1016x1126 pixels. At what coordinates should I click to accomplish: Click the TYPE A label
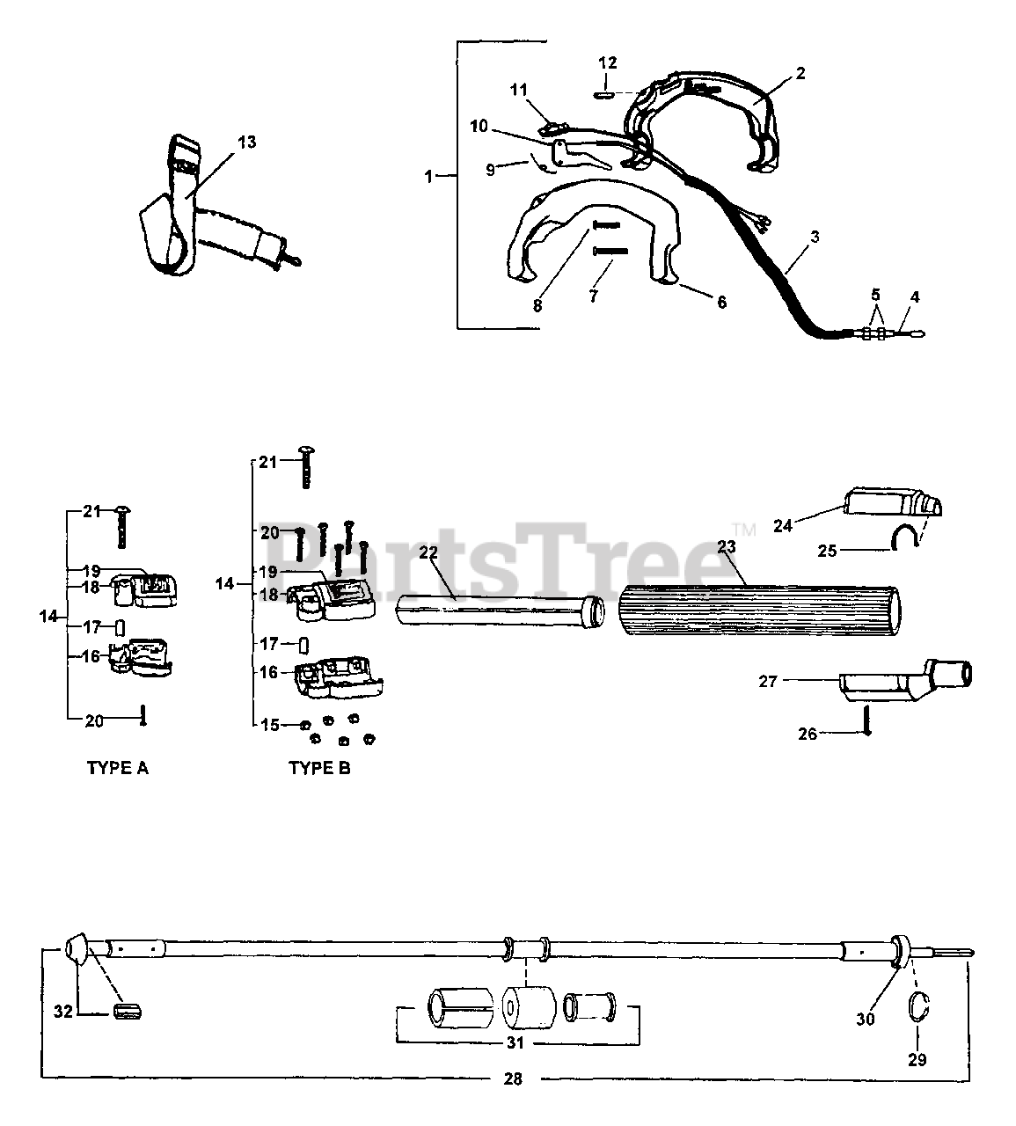pyautogui.click(x=117, y=768)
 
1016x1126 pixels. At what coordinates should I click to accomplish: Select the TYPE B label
pyautogui.click(x=319, y=768)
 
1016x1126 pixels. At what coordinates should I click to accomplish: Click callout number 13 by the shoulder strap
pyautogui.click(x=247, y=142)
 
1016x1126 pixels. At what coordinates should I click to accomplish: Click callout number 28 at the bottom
pyautogui.click(x=513, y=1079)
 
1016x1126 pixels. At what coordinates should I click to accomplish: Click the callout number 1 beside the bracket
pyautogui.click(x=428, y=176)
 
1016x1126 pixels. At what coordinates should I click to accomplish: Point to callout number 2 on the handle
pyautogui.click(x=800, y=74)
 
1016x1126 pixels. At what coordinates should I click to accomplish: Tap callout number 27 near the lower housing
pyautogui.click(x=768, y=681)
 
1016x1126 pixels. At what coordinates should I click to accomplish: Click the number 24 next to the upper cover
pyautogui.click(x=783, y=526)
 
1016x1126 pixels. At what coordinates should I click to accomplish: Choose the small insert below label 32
pyautogui.click(x=128, y=1012)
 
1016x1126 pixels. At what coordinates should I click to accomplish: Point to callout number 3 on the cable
pyautogui.click(x=815, y=237)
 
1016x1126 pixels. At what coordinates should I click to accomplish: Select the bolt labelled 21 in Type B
pyautogui.click(x=306, y=464)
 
